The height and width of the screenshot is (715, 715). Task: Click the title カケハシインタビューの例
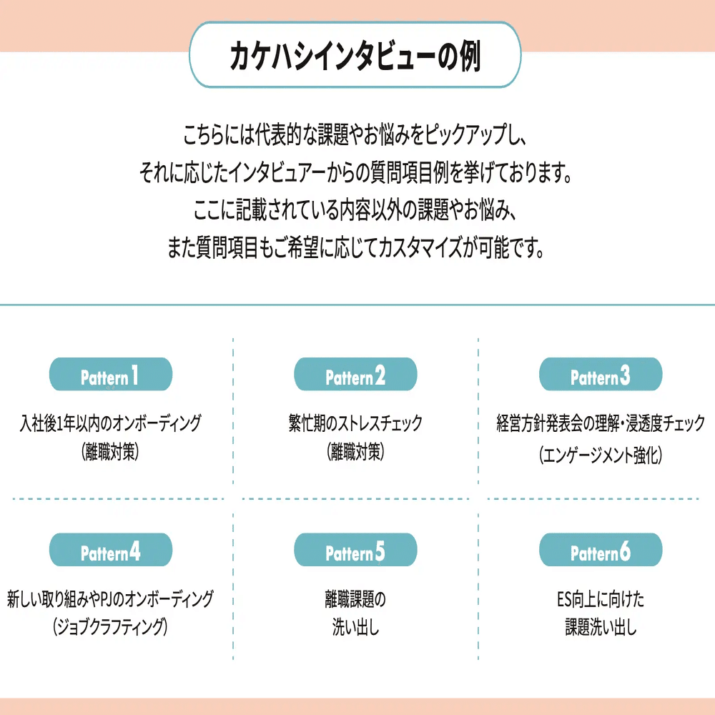click(x=355, y=56)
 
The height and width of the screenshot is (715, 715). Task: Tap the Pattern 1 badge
click(x=110, y=376)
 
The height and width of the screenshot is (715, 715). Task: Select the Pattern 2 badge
click(x=355, y=376)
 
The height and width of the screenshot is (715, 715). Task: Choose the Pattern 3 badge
click(x=601, y=376)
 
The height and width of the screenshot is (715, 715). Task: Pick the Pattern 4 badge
click(x=110, y=553)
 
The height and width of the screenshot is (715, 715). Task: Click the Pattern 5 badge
click(x=355, y=553)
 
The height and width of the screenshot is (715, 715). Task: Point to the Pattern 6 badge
click(x=601, y=553)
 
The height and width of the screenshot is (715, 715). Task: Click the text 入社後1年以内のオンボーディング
click(x=110, y=423)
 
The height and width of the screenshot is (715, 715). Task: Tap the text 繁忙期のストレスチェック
click(x=355, y=423)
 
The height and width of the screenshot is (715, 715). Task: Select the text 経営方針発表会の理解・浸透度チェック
click(x=601, y=423)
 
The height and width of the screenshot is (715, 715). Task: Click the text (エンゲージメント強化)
click(x=601, y=455)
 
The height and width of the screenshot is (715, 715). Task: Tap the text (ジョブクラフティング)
click(x=110, y=628)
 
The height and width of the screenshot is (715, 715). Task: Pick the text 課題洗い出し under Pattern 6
click(x=601, y=628)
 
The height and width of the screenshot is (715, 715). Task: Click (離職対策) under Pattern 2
click(x=355, y=453)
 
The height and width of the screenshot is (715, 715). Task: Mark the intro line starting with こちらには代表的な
click(x=355, y=134)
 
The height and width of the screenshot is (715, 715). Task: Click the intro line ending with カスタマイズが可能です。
click(x=355, y=249)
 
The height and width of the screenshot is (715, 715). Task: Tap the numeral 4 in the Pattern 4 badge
click(x=135, y=552)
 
